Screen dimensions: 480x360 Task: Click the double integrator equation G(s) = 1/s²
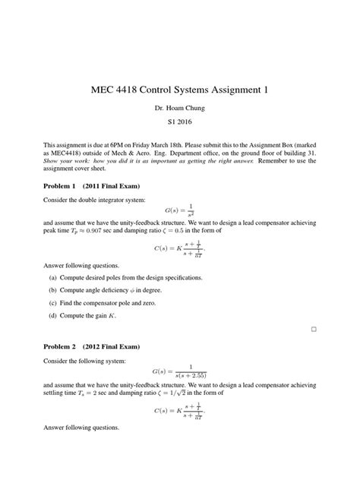pyautogui.click(x=180, y=209)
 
